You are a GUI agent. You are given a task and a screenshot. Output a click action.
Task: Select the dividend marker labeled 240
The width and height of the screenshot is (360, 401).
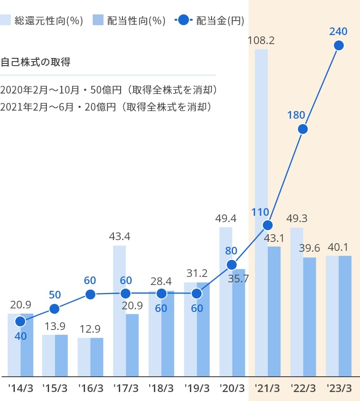pos(339,45)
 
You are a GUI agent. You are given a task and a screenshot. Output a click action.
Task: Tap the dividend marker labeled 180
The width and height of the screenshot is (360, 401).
pos(303,129)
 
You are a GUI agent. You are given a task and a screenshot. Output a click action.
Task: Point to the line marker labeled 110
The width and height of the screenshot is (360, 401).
pos(268,225)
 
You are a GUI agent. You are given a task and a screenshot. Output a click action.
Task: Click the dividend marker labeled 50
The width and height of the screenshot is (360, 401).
pos(54,309)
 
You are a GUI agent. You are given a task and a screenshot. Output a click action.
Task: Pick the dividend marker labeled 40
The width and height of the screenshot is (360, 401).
pos(20,321)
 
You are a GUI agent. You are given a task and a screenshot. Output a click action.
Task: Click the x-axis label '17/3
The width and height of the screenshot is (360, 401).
pos(126,388)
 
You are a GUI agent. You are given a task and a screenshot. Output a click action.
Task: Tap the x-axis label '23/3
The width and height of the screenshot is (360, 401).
pos(339,388)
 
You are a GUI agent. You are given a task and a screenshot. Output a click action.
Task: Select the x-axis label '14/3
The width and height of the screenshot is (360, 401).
pos(20,388)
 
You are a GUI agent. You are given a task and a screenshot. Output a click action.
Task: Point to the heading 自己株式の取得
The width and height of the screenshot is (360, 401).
pos(36,62)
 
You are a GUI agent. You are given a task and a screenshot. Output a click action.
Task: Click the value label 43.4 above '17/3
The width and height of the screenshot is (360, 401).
pos(119,236)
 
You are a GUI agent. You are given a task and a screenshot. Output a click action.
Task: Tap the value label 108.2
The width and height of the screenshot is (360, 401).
pos(261,40)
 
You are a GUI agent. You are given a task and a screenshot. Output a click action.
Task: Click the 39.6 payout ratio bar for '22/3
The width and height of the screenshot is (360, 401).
pos(310,316)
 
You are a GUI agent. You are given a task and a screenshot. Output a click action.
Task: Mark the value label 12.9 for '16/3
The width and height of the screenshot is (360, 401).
pos(90,329)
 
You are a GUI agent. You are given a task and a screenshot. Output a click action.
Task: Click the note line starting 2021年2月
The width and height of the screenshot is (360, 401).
pos(106,107)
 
